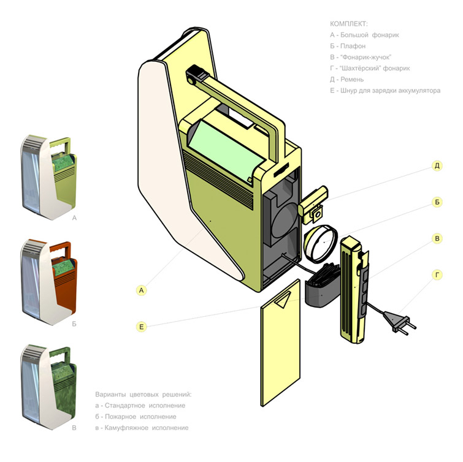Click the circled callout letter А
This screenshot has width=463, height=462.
coord(142,290)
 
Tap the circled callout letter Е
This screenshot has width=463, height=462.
coord(142,327)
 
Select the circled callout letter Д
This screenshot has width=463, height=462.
coord(437,166)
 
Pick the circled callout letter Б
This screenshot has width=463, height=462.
coord(437,202)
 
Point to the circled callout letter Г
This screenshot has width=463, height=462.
coord(437,275)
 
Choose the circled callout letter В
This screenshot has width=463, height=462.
coord(437,238)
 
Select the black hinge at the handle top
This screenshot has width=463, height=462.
coord(195,74)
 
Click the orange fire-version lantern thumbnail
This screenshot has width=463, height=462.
coord(49,282)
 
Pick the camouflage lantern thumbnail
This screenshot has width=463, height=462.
coord(49,387)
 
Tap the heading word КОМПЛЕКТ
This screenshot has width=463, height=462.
coord(349,24)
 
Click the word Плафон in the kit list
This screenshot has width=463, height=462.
coord(353,46)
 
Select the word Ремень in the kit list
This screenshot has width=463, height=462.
coord(352,80)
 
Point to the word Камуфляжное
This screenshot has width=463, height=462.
coord(126,428)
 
